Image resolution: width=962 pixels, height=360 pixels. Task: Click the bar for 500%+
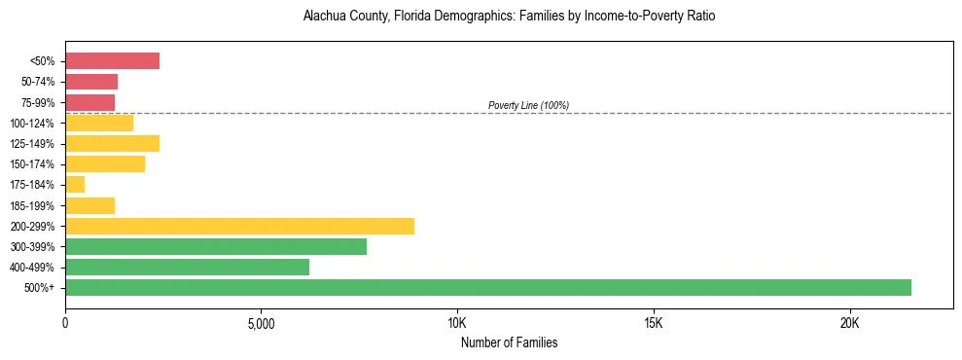[x=487, y=287]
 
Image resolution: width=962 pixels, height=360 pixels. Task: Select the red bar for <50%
[x=112, y=61]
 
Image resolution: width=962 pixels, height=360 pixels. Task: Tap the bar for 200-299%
[x=239, y=226]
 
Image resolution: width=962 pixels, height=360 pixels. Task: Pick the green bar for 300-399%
[x=216, y=246]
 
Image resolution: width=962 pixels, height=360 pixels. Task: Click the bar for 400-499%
[x=187, y=267]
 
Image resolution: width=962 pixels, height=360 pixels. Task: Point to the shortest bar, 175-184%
[x=75, y=185]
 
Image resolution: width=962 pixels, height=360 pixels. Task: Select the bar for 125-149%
[x=112, y=143]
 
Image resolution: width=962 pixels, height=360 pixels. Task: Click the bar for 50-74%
[x=91, y=82]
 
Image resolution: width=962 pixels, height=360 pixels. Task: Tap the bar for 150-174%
[x=105, y=164]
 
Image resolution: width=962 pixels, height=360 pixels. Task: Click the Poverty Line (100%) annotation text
[x=528, y=105]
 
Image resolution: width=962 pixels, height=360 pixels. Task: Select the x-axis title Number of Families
[x=509, y=342]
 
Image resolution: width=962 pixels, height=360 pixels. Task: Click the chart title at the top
[x=509, y=17]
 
